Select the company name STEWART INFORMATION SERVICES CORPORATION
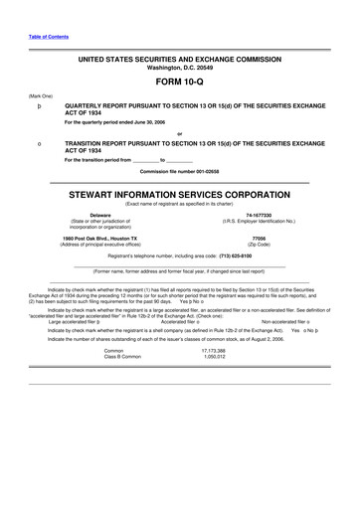tap(180, 195)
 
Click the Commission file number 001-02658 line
tap(180, 172)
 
